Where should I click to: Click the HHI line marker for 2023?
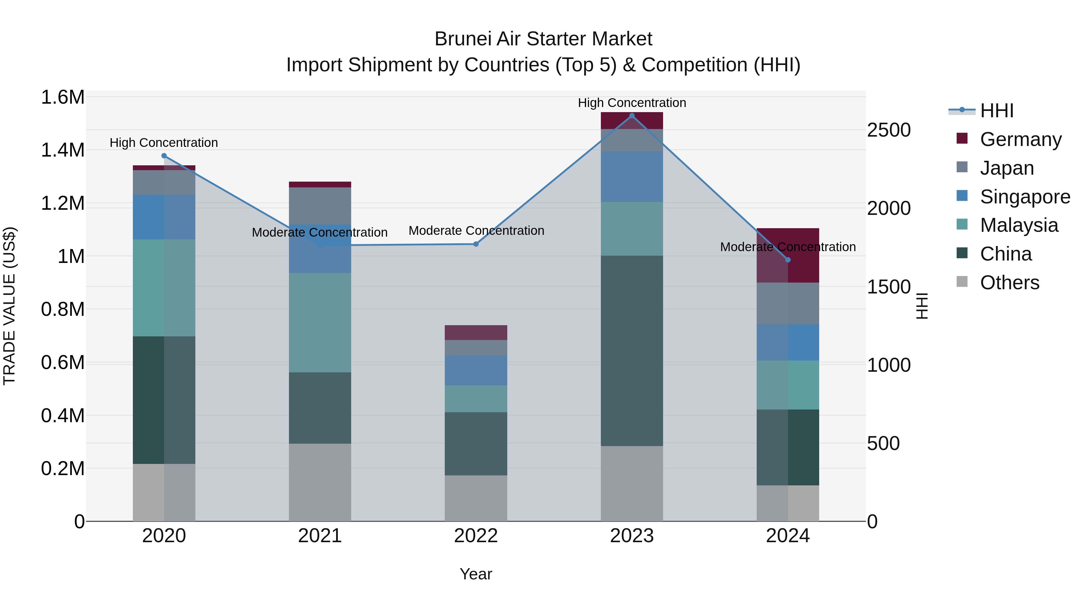click(632, 116)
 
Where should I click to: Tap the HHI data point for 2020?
click(164, 156)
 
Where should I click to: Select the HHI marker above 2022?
click(476, 244)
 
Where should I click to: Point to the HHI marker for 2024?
click(788, 260)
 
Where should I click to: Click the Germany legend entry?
click(1020, 139)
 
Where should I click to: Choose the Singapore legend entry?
click(1024, 197)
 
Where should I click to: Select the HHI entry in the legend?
click(996, 111)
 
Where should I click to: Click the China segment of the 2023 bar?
click(632, 351)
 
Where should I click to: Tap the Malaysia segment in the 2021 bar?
click(320, 323)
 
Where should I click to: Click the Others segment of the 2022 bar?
click(476, 498)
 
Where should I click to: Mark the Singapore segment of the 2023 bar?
click(632, 176)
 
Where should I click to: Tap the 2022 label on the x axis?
click(476, 536)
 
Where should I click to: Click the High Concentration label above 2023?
click(632, 103)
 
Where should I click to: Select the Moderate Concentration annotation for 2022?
click(476, 231)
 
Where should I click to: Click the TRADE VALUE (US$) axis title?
click(10, 306)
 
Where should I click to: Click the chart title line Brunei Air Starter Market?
click(543, 39)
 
